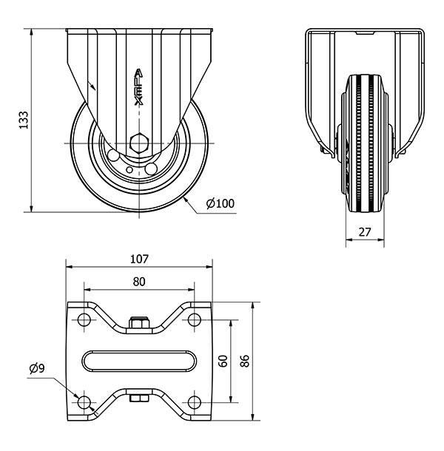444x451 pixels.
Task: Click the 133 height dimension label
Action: (x=23, y=121)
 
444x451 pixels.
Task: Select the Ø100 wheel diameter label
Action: (x=220, y=203)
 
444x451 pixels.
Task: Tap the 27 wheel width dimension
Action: (x=364, y=231)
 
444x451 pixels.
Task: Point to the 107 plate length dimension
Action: (x=139, y=260)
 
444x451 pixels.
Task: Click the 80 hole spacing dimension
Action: (x=139, y=281)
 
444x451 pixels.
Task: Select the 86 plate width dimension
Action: (x=245, y=361)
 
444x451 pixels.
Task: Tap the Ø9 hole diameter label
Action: (x=37, y=368)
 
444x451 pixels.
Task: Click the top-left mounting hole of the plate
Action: (x=84, y=320)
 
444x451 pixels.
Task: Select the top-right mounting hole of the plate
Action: (x=195, y=320)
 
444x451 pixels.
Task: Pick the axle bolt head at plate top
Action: (x=139, y=323)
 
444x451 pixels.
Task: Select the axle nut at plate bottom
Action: (x=139, y=399)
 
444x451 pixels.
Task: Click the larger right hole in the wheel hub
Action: (x=152, y=168)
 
